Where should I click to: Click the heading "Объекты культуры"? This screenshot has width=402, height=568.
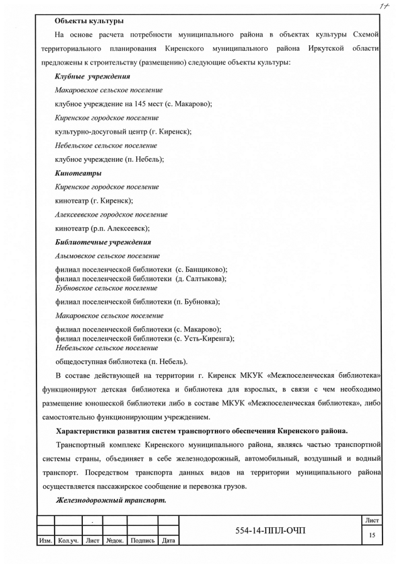click(x=89, y=21)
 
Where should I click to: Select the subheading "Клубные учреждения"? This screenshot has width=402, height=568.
click(x=92, y=77)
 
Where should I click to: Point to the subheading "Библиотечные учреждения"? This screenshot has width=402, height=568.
click(x=103, y=242)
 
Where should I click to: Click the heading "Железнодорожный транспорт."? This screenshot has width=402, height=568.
click(x=111, y=500)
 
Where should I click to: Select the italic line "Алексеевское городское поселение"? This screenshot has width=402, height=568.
click(x=107, y=215)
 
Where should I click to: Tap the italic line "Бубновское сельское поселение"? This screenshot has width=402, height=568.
click(x=106, y=288)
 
